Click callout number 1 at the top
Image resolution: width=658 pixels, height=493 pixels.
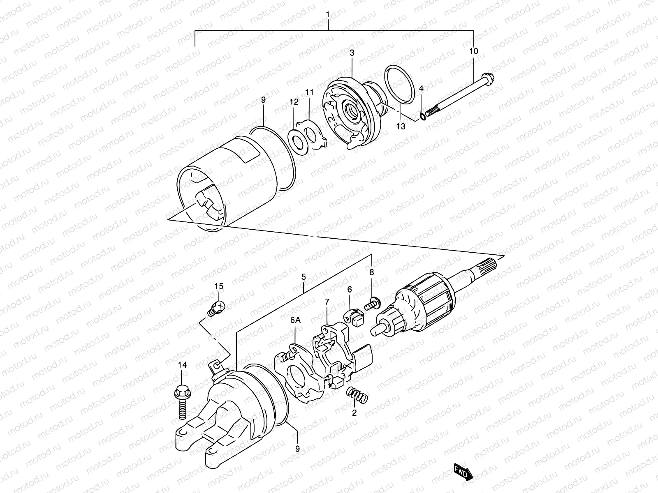[328, 15]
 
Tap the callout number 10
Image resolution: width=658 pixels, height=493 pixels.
[473, 51]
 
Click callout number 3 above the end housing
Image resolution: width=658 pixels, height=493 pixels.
[352, 53]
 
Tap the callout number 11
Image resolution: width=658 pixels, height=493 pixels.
[309, 92]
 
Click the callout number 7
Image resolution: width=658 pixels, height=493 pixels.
[327, 302]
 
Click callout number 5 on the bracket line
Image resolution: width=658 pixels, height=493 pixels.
[304, 277]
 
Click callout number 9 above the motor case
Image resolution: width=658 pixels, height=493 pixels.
[263, 100]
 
